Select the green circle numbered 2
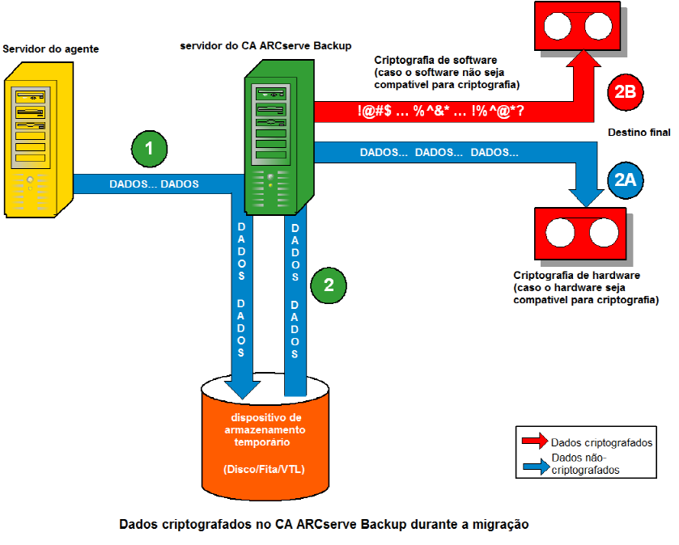coord(328,284)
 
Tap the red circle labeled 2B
coord(625,93)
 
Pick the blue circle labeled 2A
coord(624,182)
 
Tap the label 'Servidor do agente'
coord(51,49)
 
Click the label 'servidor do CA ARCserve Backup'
coord(265,45)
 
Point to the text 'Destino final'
coord(638,132)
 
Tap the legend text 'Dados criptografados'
coord(601,442)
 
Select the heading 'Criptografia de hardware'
coord(577,276)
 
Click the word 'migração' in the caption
coord(503,524)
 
